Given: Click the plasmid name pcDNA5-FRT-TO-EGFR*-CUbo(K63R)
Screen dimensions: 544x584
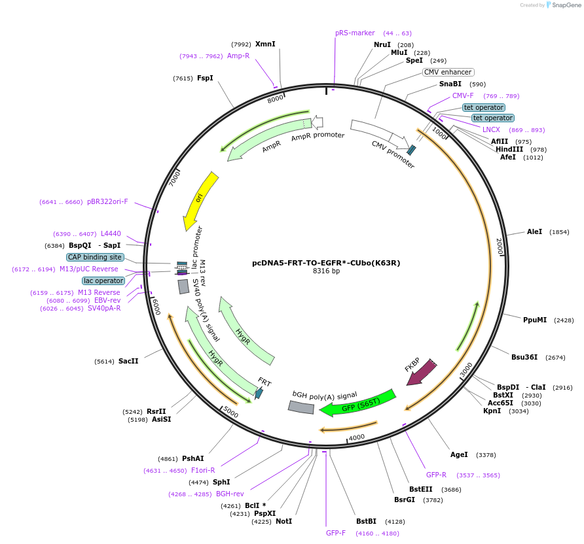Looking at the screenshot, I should [326, 263].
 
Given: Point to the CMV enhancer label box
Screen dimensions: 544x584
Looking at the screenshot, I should [448, 73].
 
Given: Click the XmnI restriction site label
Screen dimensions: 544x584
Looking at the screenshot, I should [265, 44].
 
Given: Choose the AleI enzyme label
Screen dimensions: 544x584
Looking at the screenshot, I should [534, 231].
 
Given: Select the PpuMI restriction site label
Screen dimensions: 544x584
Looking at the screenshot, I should [535, 320].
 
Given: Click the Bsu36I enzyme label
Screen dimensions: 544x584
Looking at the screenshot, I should [524, 357].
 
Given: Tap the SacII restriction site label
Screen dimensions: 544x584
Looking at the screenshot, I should [128, 360].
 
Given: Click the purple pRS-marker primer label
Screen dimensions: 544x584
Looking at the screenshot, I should [355, 33].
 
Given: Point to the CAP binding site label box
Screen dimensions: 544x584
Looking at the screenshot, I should [95, 258].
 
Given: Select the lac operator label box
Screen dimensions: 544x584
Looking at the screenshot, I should [103, 280].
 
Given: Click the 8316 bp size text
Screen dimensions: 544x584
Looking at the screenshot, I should [326, 271].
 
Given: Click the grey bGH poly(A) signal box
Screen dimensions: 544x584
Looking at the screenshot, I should [301, 407].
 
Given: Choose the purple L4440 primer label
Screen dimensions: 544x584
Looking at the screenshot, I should [111, 233].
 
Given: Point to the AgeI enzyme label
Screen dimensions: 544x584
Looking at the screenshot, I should [459, 454].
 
